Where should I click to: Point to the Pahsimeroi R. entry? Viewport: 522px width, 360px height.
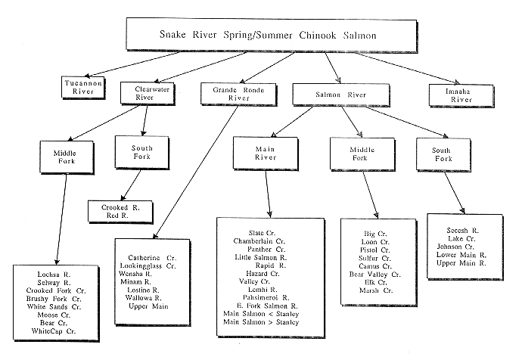[259, 297]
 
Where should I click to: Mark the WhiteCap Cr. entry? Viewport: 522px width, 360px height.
[54, 331]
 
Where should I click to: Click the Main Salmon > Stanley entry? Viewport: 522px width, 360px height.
[261, 322]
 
